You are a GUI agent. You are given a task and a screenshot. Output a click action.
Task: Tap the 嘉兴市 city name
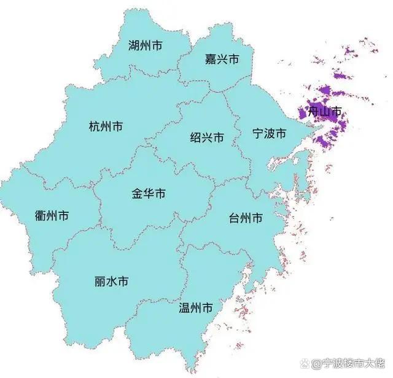click(x=222, y=59)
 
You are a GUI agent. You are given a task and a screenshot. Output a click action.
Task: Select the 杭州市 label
click(x=106, y=126)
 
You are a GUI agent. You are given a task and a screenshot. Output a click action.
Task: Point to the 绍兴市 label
click(x=207, y=137)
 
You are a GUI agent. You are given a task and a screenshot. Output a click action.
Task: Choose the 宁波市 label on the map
click(x=270, y=133)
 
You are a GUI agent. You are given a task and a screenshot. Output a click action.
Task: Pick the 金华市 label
click(x=149, y=194)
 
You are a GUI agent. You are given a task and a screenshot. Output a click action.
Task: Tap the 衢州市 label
click(x=52, y=215)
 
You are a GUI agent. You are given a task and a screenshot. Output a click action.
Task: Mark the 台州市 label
click(x=246, y=218)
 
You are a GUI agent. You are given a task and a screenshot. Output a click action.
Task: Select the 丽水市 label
click(x=112, y=282)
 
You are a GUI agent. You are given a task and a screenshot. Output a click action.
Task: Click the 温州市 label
click(x=196, y=307)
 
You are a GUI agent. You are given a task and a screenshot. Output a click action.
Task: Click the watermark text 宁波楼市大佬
click(x=357, y=364)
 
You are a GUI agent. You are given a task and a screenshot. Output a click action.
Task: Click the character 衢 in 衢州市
click(x=41, y=215)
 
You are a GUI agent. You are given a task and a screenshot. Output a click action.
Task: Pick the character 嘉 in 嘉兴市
click(x=210, y=59)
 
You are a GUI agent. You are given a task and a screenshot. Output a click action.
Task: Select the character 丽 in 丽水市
click(x=101, y=282)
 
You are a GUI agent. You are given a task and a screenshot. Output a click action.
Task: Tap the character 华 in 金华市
click(x=149, y=194)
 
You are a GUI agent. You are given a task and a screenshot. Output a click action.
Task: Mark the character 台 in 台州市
click(x=234, y=218)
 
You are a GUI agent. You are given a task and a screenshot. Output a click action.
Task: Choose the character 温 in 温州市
click(x=184, y=307)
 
